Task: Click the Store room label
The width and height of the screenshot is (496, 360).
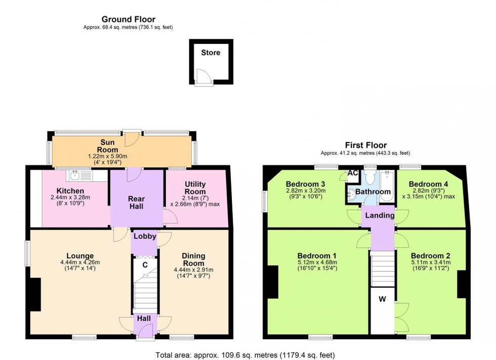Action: (211, 53)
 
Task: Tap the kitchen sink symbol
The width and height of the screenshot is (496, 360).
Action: (79, 175)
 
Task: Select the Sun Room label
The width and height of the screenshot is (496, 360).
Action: (107, 146)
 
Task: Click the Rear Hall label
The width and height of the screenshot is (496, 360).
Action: (136, 203)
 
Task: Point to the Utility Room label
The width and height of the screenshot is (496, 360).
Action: (195, 188)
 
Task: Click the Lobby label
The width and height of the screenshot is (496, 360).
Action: (145, 236)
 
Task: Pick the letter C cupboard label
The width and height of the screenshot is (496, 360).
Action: (145, 265)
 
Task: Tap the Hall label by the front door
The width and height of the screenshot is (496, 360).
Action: (144, 318)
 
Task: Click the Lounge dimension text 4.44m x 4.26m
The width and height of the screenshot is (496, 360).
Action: (80, 262)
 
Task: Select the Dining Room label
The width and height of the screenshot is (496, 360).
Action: (193, 259)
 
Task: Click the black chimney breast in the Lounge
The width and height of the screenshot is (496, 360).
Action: (35, 295)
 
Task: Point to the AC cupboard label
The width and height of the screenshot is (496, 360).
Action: (353, 173)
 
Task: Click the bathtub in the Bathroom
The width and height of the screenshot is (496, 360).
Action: (387, 186)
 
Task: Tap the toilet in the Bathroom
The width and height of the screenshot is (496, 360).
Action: (369, 177)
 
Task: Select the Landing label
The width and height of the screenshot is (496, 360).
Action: (380, 215)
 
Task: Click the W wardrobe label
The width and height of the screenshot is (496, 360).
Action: (383, 299)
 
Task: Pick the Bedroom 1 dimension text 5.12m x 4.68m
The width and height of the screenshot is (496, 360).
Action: (317, 262)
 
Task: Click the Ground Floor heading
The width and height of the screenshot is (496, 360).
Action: (129, 19)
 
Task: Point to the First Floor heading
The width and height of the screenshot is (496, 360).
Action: (366, 145)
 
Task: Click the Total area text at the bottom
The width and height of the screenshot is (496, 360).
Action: (245, 355)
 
